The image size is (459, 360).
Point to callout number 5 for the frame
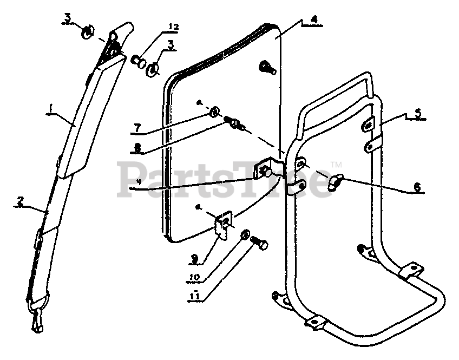[x=418, y=115]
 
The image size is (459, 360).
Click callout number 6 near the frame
[x=416, y=187]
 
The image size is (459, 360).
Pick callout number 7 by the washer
[x=137, y=128]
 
